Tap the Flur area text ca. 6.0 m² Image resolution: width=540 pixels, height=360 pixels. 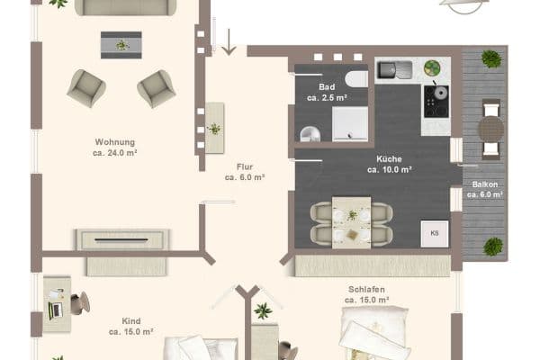pos(245,178)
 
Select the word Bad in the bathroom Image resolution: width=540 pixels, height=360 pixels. pos(326,87)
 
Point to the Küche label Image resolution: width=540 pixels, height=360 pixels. pos(390,157)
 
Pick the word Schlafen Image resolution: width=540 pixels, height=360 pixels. pos(367,289)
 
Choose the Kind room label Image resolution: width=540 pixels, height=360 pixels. pos(130,320)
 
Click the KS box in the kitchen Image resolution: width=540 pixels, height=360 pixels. pos(435,232)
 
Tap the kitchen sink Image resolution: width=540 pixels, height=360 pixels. pos(392,69)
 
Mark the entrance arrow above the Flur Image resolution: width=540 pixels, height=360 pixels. pos(229,41)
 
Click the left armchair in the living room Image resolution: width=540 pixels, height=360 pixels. pos(86,87)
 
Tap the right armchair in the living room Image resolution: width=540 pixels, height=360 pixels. pos(156,88)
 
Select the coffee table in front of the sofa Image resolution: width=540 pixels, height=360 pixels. pos(121,43)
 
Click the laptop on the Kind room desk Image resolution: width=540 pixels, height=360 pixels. pos(55,306)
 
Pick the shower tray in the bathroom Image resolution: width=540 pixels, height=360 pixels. pos(350,123)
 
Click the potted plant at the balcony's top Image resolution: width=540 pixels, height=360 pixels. pos(491,59)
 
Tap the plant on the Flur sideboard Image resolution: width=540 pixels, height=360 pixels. pos(214,128)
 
